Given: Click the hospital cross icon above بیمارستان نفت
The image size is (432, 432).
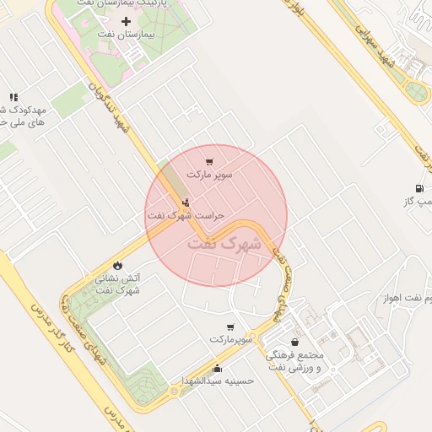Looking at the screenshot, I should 127,20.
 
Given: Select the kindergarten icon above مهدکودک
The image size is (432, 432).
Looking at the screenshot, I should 13,98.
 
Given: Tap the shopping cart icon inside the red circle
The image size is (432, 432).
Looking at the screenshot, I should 209,161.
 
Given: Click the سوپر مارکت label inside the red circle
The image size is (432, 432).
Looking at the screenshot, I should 209,175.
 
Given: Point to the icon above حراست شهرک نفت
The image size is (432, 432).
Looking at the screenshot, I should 186,202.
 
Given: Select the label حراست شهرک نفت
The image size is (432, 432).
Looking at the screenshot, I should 186,215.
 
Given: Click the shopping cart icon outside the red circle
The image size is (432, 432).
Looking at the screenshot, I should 230,327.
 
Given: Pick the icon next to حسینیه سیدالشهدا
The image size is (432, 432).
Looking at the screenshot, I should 218,368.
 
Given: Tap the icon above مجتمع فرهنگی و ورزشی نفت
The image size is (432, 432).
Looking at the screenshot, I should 294,342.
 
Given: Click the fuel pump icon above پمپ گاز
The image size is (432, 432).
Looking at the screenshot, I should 418,188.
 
